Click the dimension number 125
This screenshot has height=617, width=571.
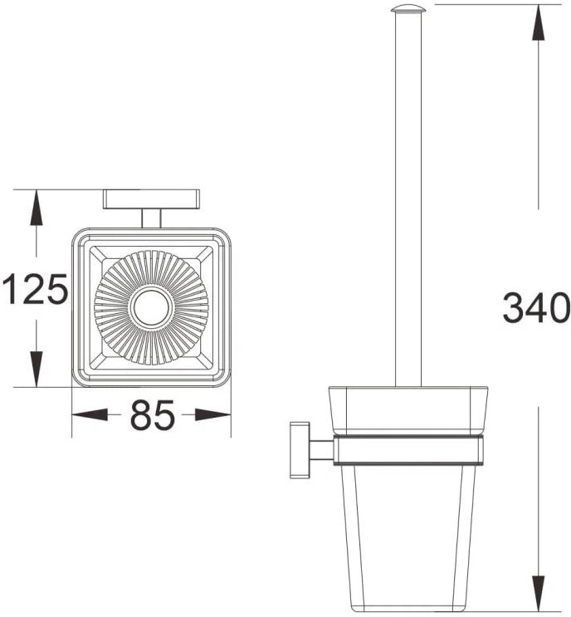pos(35,289)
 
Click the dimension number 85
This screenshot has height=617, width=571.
pos(152,414)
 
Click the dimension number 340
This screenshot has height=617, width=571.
pos(536,308)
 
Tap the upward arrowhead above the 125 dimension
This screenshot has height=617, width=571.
pos(37,208)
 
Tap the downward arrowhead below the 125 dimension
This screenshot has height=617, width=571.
pos(37,369)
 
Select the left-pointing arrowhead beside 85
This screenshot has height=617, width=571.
pos(90,414)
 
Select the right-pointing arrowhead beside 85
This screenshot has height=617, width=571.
pos(212,414)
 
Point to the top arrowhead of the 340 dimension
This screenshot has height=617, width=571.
pos(539,22)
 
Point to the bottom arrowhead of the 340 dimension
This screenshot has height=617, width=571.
pos(539,595)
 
